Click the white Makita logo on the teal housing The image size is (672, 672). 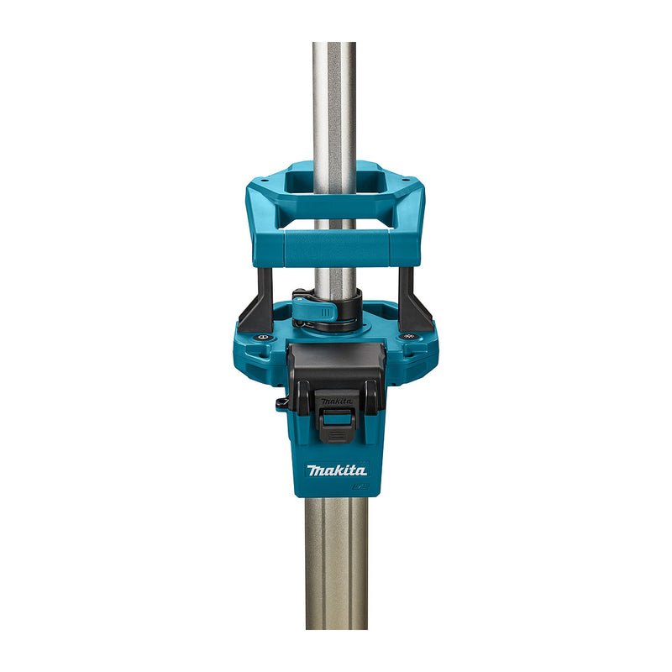point(336,470)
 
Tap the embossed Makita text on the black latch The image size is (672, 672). point(336,402)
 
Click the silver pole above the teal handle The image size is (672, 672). point(335,101)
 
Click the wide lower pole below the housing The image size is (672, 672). point(336,563)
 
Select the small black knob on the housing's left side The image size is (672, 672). point(281,405)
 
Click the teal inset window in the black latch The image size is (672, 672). point(336,418)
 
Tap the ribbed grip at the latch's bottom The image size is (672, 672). point(336,435)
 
